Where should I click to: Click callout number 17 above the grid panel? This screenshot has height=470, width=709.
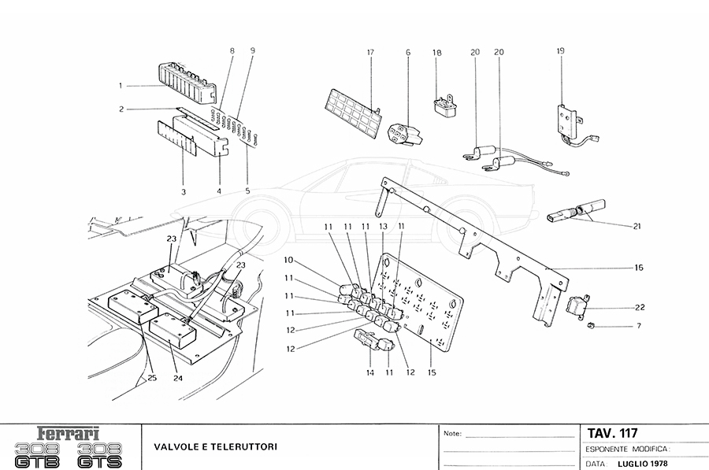click(369, 53)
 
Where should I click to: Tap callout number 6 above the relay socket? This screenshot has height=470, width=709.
click(408, 53)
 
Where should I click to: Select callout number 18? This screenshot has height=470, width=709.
click(436, 53)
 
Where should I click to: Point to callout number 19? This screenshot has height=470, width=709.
click(560, 51)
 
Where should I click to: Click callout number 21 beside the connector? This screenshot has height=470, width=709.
click(637, 227)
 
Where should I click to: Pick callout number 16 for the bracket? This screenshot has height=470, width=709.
click(639, 268)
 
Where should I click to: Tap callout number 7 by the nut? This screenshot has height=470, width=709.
click(639, 325)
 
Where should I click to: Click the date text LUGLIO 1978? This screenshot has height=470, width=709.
click(639, 463)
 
